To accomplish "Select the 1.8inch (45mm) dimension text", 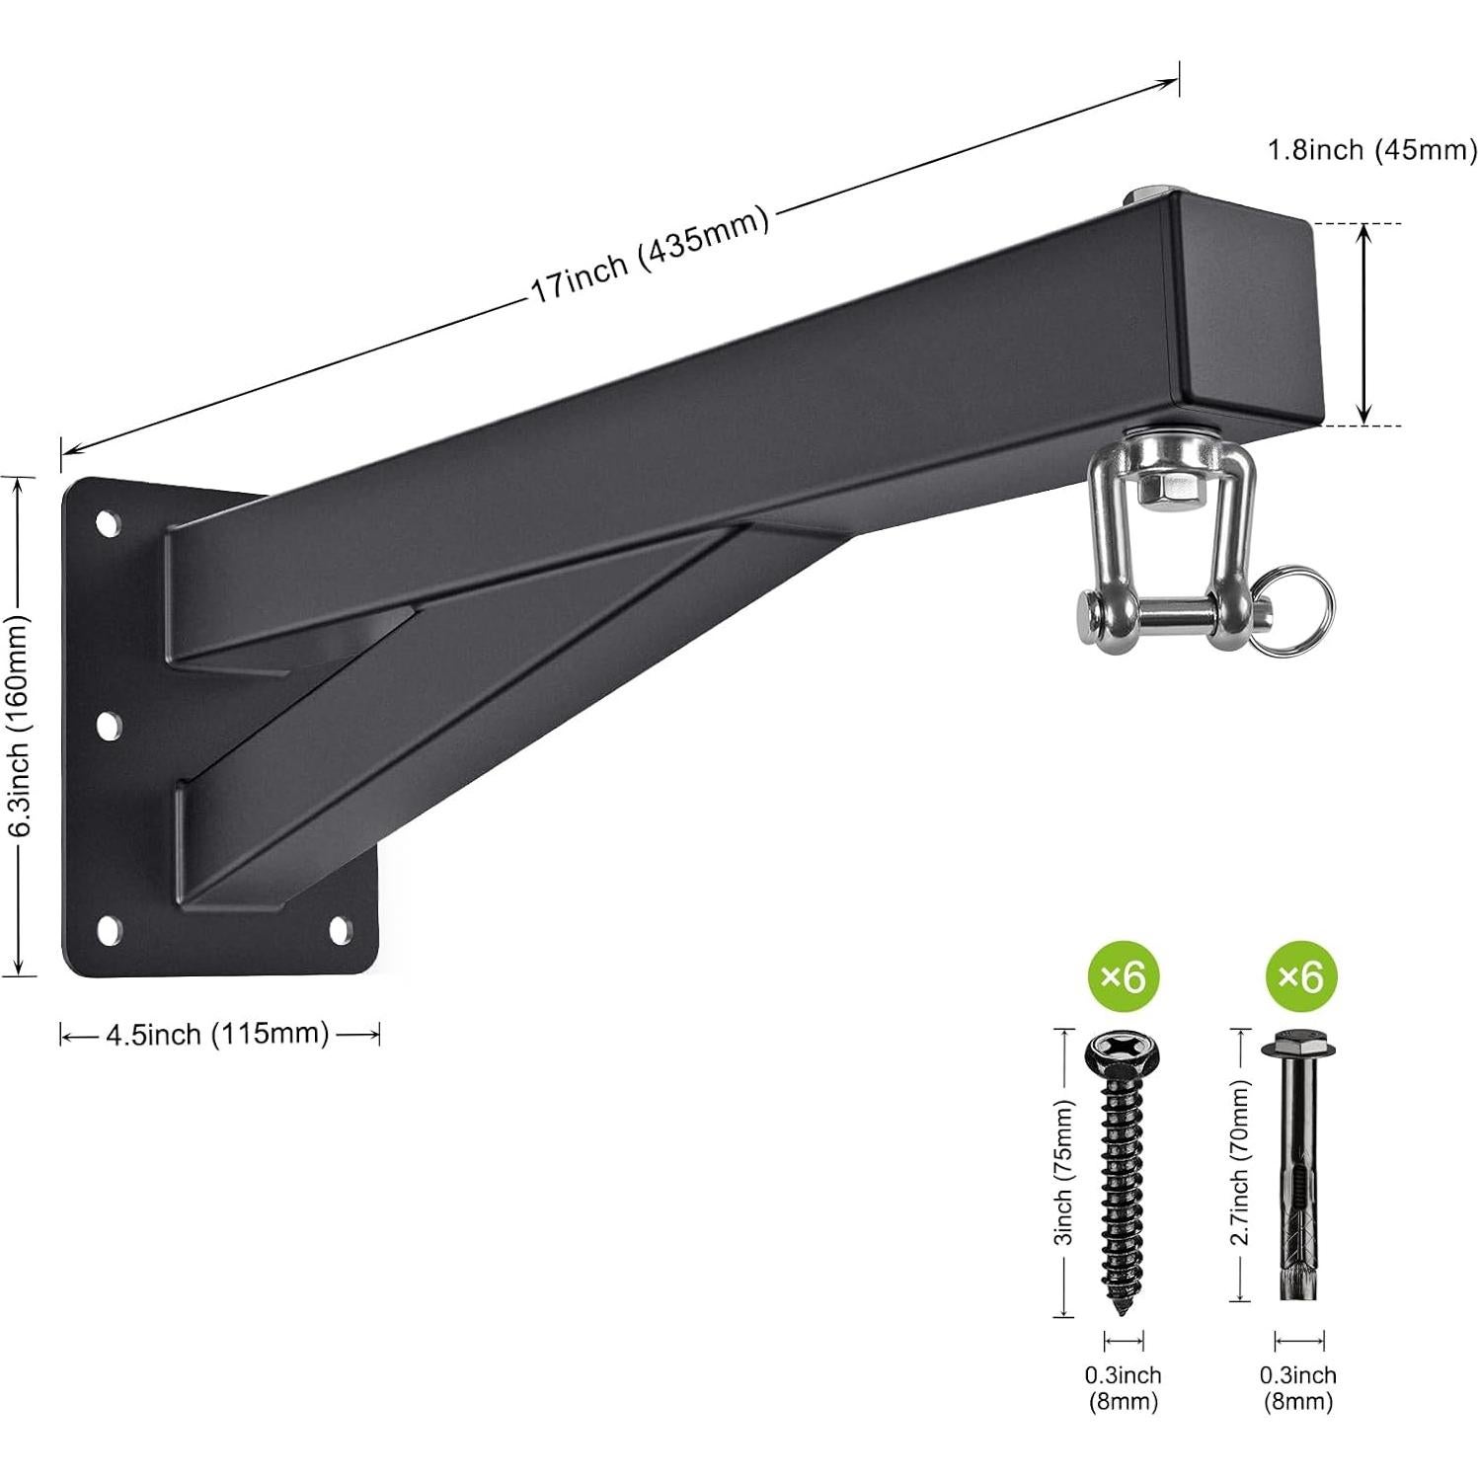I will (x=1371, y=150).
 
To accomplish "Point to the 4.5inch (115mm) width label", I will (x=217, y=1034).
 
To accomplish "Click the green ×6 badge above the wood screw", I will (x=1123, y=977).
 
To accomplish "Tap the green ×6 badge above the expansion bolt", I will (x=1299, y=977).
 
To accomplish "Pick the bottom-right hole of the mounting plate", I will (x=339, y=929).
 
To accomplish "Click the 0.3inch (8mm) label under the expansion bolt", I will (x=1297, y=1387).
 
